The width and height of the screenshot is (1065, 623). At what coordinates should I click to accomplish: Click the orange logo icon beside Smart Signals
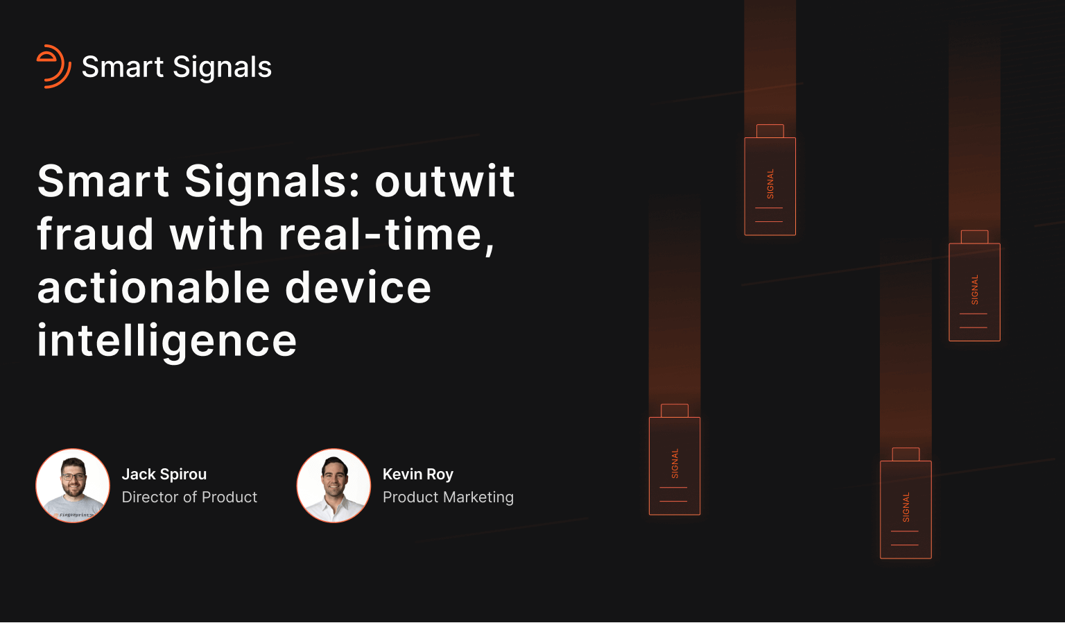tap(53, 67)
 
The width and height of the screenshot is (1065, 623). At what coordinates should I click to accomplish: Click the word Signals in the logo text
tap(222, 67)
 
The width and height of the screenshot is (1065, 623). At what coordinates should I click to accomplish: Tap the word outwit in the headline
tap(444, 181)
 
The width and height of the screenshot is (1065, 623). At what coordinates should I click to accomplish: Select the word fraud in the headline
tap(95, 234)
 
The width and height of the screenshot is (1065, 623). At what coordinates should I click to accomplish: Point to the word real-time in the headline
tap(386, 234)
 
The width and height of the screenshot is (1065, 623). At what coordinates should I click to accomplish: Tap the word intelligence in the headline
tap(167, 341)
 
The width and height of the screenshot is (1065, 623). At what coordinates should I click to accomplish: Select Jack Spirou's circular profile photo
tap(73, 486)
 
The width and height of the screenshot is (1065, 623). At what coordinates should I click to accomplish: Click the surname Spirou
tap(183, 475)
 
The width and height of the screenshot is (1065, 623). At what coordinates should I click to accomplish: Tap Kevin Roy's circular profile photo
tap(334, 486)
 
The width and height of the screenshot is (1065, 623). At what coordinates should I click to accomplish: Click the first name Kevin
tap(402, 475)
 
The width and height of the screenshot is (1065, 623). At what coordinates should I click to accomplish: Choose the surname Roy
tap(440, 475)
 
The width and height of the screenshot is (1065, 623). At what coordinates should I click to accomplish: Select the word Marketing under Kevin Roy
tap(478, 497)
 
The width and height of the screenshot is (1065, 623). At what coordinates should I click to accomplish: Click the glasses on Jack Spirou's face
tap(73, 477)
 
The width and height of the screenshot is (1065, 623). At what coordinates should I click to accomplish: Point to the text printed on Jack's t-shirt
tap(75, 515)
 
